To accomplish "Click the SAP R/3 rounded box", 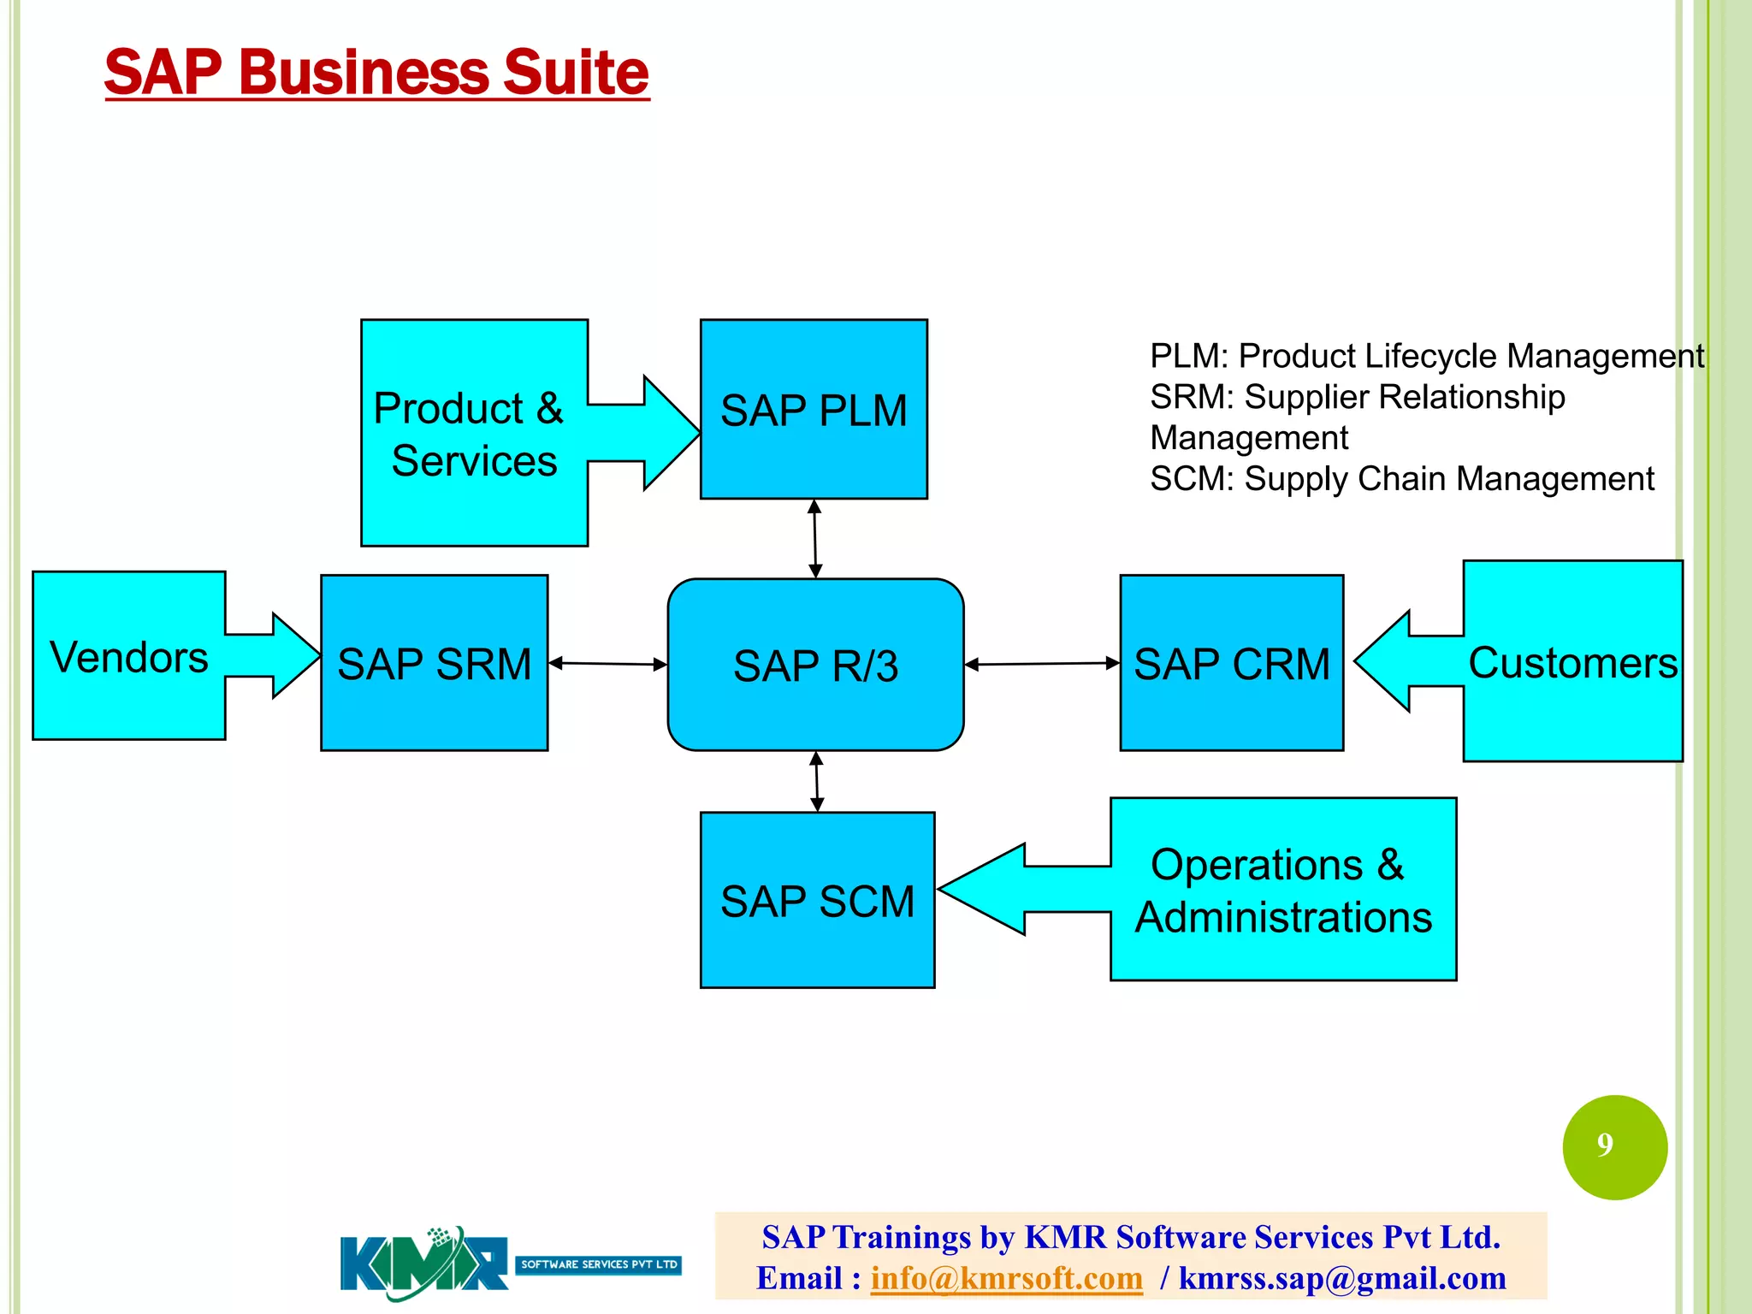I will (x=815, y=666).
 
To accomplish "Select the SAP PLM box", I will (x=814, y=410).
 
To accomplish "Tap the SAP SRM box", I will (x=434, y=664).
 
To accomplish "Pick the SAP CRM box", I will (x=1231, y=664).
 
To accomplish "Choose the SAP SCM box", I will (x=817, y=901).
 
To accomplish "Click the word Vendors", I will (x=129, y=658).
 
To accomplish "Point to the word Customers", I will (x=1572, y=663).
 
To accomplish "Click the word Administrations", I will (x=1283, y=917).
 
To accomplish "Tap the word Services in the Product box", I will (x=474, y=461).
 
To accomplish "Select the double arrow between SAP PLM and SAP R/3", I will (x=815, y=539).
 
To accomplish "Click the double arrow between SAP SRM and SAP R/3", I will (x=607, y=663).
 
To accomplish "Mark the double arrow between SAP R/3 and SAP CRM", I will (x=1041, y=663).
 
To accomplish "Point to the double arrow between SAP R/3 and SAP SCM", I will (x=817, y=781).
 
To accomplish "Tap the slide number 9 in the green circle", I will (x=1605, y=1145).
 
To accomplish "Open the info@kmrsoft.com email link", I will (x=1006, y=1278).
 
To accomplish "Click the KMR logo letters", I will (x=423, y=1264).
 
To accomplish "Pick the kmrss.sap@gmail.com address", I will (x=1341, y=1278).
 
